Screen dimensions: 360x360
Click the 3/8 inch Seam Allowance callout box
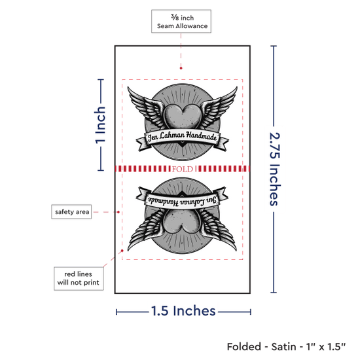coord(181,22)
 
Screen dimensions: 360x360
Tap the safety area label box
coord(71,211)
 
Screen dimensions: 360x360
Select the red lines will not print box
coord(79,278)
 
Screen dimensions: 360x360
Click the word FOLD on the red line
coord(183,169)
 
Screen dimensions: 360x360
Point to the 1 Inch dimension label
coord(100,125)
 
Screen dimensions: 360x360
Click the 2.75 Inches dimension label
coord(274,169)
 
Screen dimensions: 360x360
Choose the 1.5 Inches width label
coord(183,311)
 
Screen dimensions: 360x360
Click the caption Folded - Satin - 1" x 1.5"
coord(286,346)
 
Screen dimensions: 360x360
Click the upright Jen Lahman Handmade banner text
coord(183,136)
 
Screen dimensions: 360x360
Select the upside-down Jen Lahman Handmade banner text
coord(183,201)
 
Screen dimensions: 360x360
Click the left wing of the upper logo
coord(147,106)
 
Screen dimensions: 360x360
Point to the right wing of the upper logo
coord(219,106)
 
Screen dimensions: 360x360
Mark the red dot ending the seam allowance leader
coord(181,68)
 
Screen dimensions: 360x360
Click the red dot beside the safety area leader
coord(118,212)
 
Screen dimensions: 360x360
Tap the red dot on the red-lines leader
coord(122,251)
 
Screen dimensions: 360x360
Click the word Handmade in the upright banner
coord(201,136)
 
